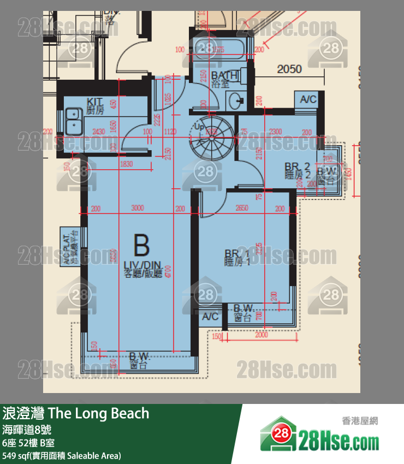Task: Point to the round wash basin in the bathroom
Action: click(237, 100)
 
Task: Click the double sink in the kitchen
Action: click(73, 122)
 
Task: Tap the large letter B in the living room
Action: click(141, 246)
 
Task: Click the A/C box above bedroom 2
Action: click(308, 99)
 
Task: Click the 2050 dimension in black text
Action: click(289, 69)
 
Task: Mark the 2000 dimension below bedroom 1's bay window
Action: click(262, 335)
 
